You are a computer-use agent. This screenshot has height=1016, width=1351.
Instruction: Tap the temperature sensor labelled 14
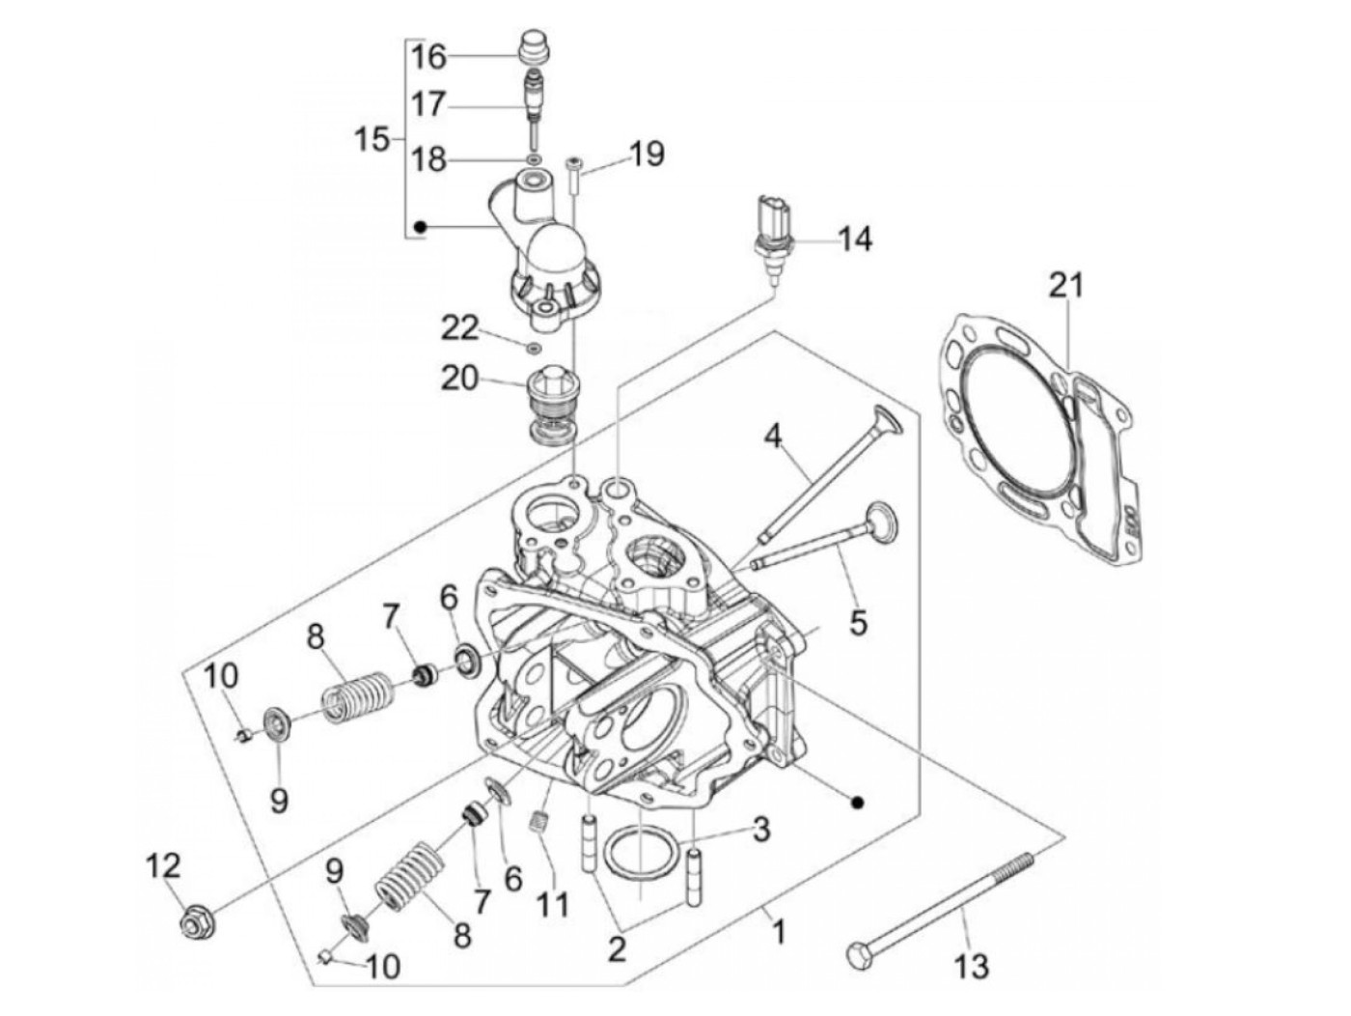coord(769,237)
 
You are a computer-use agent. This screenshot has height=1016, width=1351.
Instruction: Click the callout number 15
coord(372,139)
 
